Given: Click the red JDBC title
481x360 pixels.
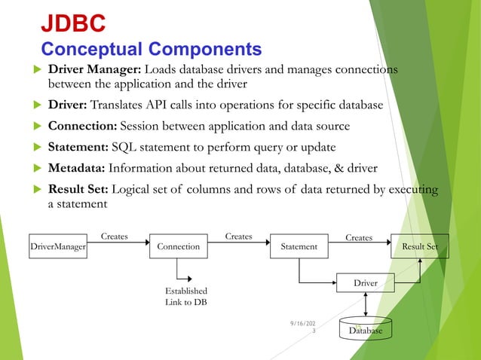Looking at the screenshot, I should (x=72, y=23).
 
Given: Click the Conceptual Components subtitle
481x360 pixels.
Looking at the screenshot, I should (x=151, y=50).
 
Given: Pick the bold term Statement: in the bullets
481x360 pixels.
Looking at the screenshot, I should (x=78, y=145).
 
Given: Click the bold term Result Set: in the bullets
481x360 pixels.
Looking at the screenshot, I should (x=80, y=188).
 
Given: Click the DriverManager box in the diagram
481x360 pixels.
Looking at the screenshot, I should (x=57, y=246).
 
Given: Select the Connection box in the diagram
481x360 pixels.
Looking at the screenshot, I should (x=179, y=246).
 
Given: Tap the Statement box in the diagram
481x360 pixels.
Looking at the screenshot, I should (x=299, y=246).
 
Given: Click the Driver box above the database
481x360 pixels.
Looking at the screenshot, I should (x=366, y=283).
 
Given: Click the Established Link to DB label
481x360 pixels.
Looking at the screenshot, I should (x=185, y=296).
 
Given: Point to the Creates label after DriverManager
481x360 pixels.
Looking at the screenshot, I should (x=115, y=236).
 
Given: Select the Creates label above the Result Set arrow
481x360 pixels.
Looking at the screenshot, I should (x=359, y=237).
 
